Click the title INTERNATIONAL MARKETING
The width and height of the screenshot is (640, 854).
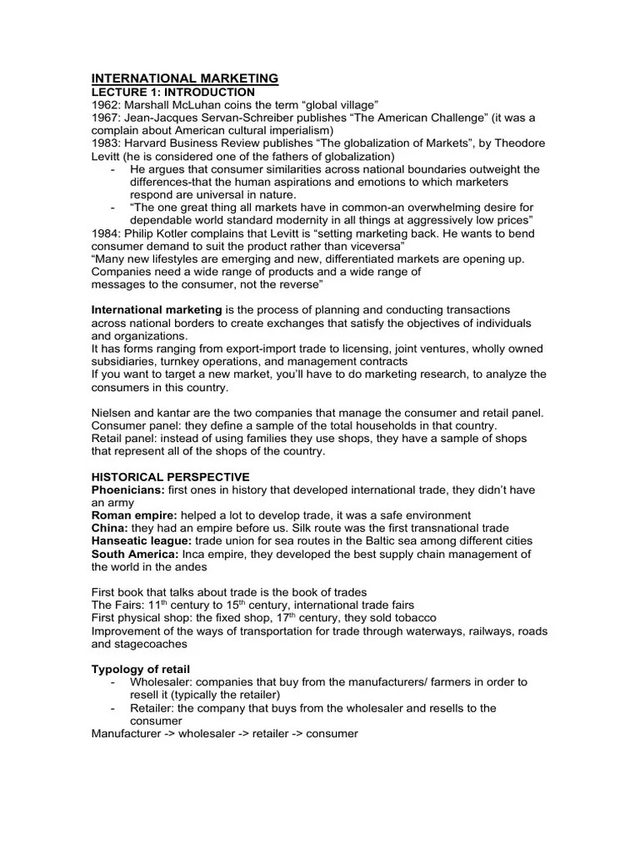click(x=184, y=78)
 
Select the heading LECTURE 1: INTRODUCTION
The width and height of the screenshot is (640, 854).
click(x=172, y=91)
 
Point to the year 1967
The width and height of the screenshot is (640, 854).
click(x=106, y=117)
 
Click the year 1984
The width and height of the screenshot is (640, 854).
click(x=106, y=233)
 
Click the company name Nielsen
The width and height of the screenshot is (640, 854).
click(x=111, y=413)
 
